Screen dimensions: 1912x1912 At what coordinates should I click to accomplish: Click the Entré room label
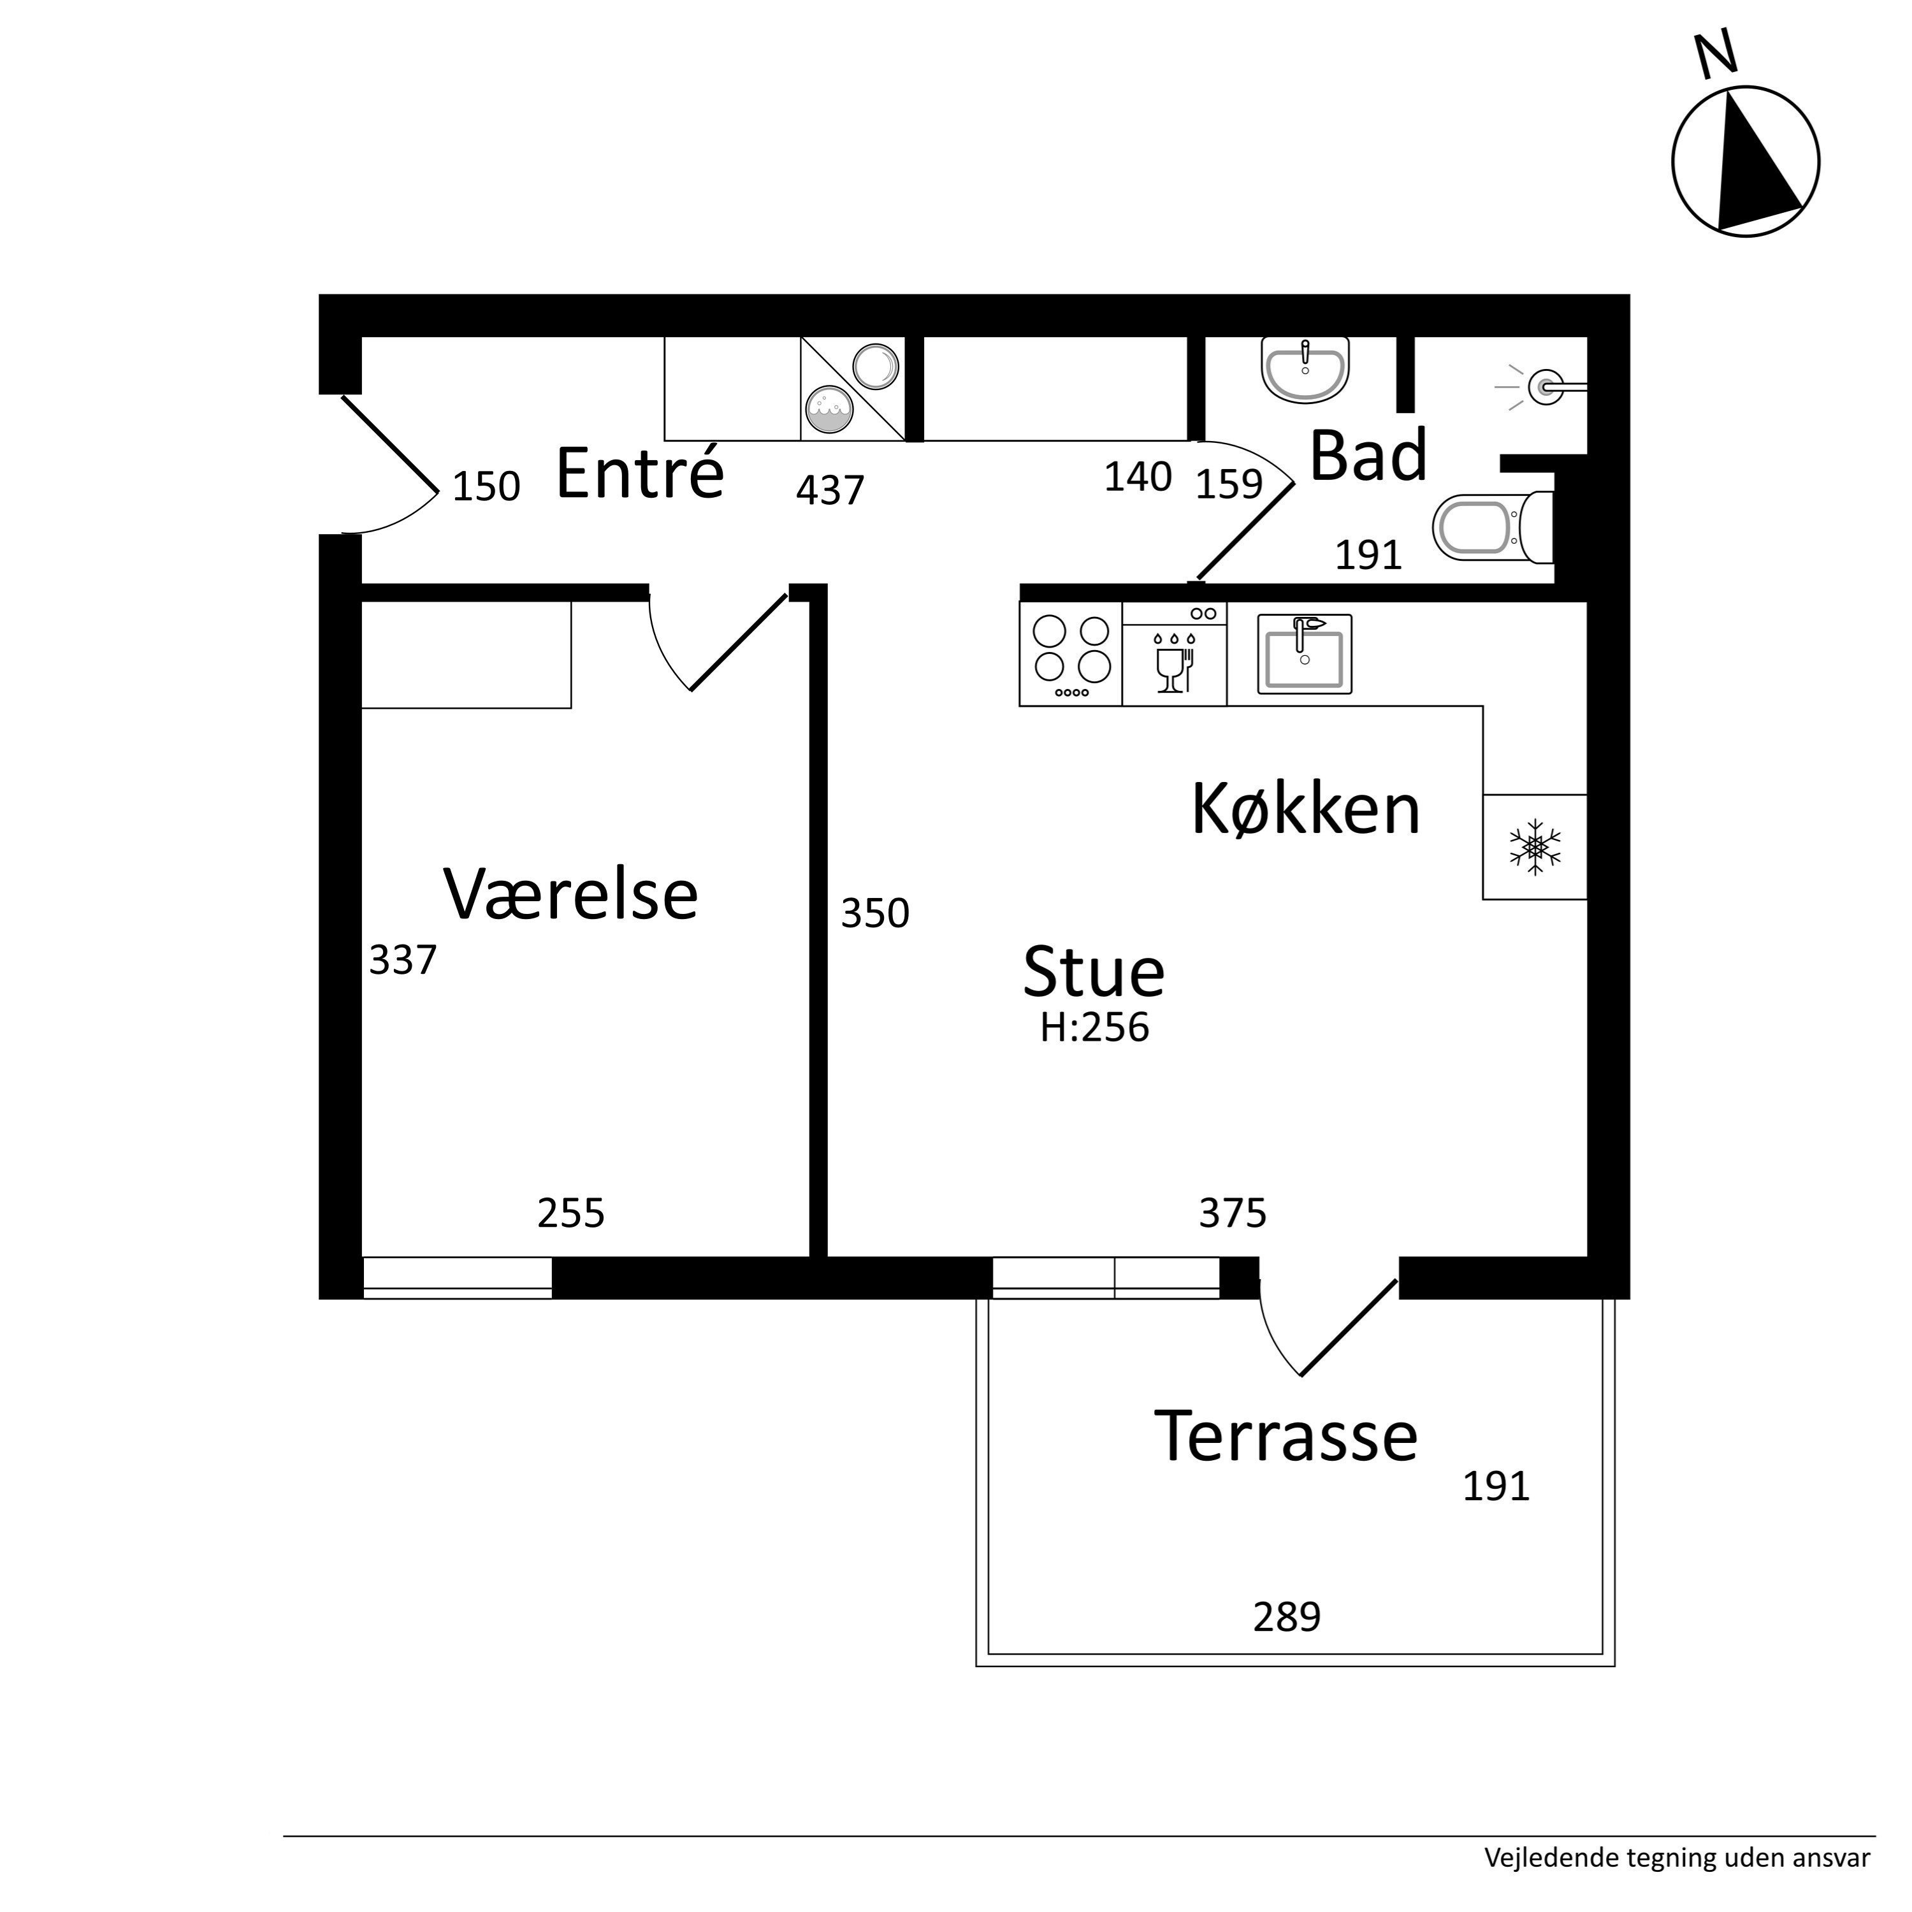click(x=641, y=472)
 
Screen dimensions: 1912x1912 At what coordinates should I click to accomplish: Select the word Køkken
click(x=1307, y=809)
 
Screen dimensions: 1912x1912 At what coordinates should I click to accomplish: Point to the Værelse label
click(x=571, y=894)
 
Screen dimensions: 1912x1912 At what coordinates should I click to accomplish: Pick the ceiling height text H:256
click(x=1094, y=1028)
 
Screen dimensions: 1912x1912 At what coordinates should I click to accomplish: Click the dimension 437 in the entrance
click(x=830, y=490)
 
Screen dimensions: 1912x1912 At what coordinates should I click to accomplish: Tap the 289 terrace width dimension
click(x=1287, y=1617)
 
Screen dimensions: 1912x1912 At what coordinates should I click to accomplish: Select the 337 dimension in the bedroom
click(x=403, y=960)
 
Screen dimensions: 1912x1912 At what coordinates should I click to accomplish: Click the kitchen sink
click(x=1305, y=654)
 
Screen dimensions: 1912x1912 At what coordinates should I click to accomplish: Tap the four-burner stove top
click(x=1071, y=654)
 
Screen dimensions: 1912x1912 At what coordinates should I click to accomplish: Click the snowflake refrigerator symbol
click(x=1535, y=847)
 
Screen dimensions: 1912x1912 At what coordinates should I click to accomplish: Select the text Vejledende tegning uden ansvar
click(x=1677, y=1858)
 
